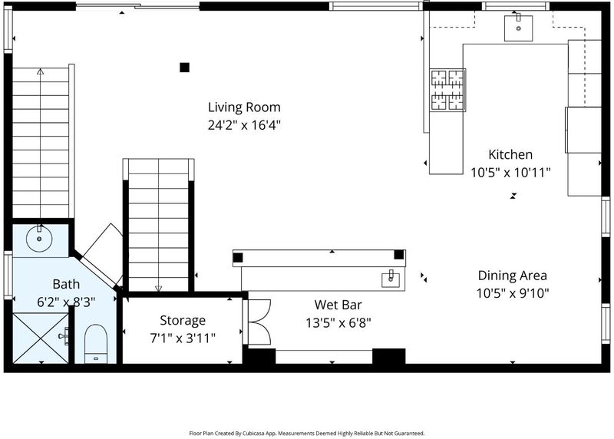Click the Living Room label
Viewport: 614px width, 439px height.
tap(244, 107)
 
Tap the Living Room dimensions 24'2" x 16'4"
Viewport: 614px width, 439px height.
tap(244, 125)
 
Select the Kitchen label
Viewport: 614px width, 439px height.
tap(510, 154)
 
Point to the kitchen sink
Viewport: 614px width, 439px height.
tap(518, 28)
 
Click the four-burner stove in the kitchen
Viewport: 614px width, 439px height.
tap(447, 90)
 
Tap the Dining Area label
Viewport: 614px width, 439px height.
tap(512, 276)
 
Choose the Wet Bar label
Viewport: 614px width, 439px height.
tap(338, 305)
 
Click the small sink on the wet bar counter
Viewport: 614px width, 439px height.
tap(391, 280)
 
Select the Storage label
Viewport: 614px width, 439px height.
tap(183, 320)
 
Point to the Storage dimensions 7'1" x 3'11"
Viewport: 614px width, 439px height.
tap(183, 338)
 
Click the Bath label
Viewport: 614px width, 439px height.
tap(66, 284)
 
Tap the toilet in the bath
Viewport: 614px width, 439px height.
tap(96, 343)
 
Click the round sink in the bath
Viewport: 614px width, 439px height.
tap(39, 239)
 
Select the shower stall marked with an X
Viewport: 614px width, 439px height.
tap(41, 337)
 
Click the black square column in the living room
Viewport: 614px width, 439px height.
tap(184, 68)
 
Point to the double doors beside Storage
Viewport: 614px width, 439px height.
tap(259, 322)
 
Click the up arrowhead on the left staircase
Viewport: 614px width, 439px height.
tap(41, 71)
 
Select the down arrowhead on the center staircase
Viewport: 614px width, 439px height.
tap(158, 289)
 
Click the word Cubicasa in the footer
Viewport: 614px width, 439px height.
tap(253, 434)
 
